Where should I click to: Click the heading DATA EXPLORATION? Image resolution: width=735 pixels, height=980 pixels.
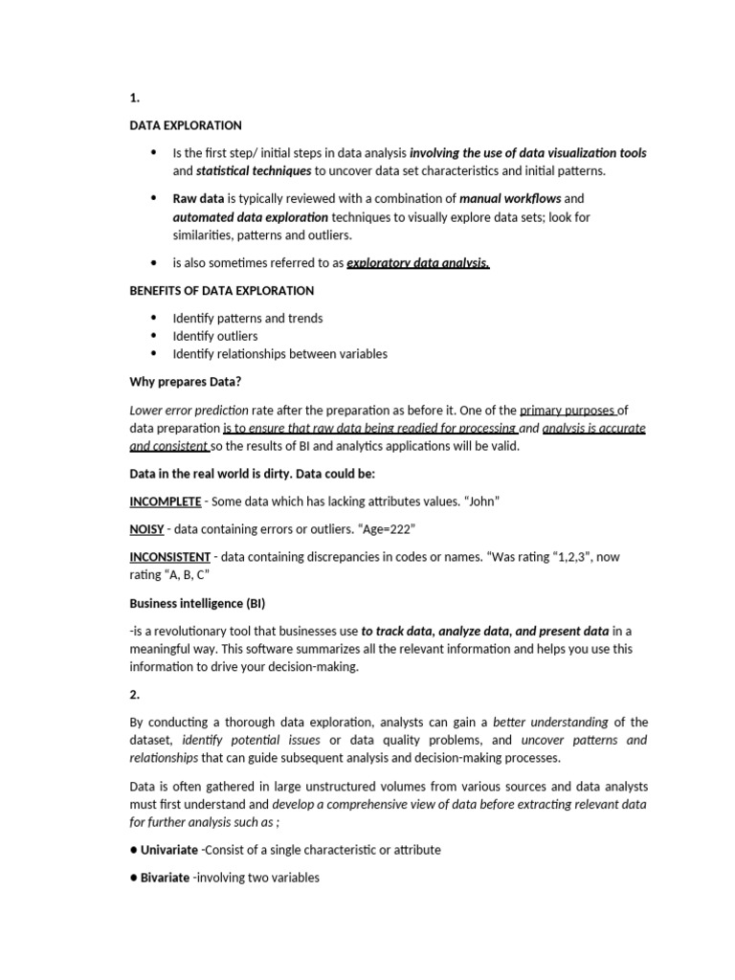tap(186, 125)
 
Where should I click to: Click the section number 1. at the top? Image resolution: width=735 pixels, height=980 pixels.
tap(135, 98)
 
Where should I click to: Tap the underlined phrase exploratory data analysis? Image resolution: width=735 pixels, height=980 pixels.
tap(417, 263)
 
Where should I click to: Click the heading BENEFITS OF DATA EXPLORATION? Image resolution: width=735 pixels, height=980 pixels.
tap(221, 290)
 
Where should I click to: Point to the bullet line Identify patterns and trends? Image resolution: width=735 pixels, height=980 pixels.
tap(247, 318)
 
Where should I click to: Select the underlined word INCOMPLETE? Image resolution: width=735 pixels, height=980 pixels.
tap(166, 501)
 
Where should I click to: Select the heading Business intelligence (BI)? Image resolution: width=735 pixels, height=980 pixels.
tap(196, 603)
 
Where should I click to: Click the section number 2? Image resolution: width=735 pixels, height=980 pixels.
tap(135, 694)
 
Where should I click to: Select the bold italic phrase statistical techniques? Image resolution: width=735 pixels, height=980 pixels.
tap(254, 171)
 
